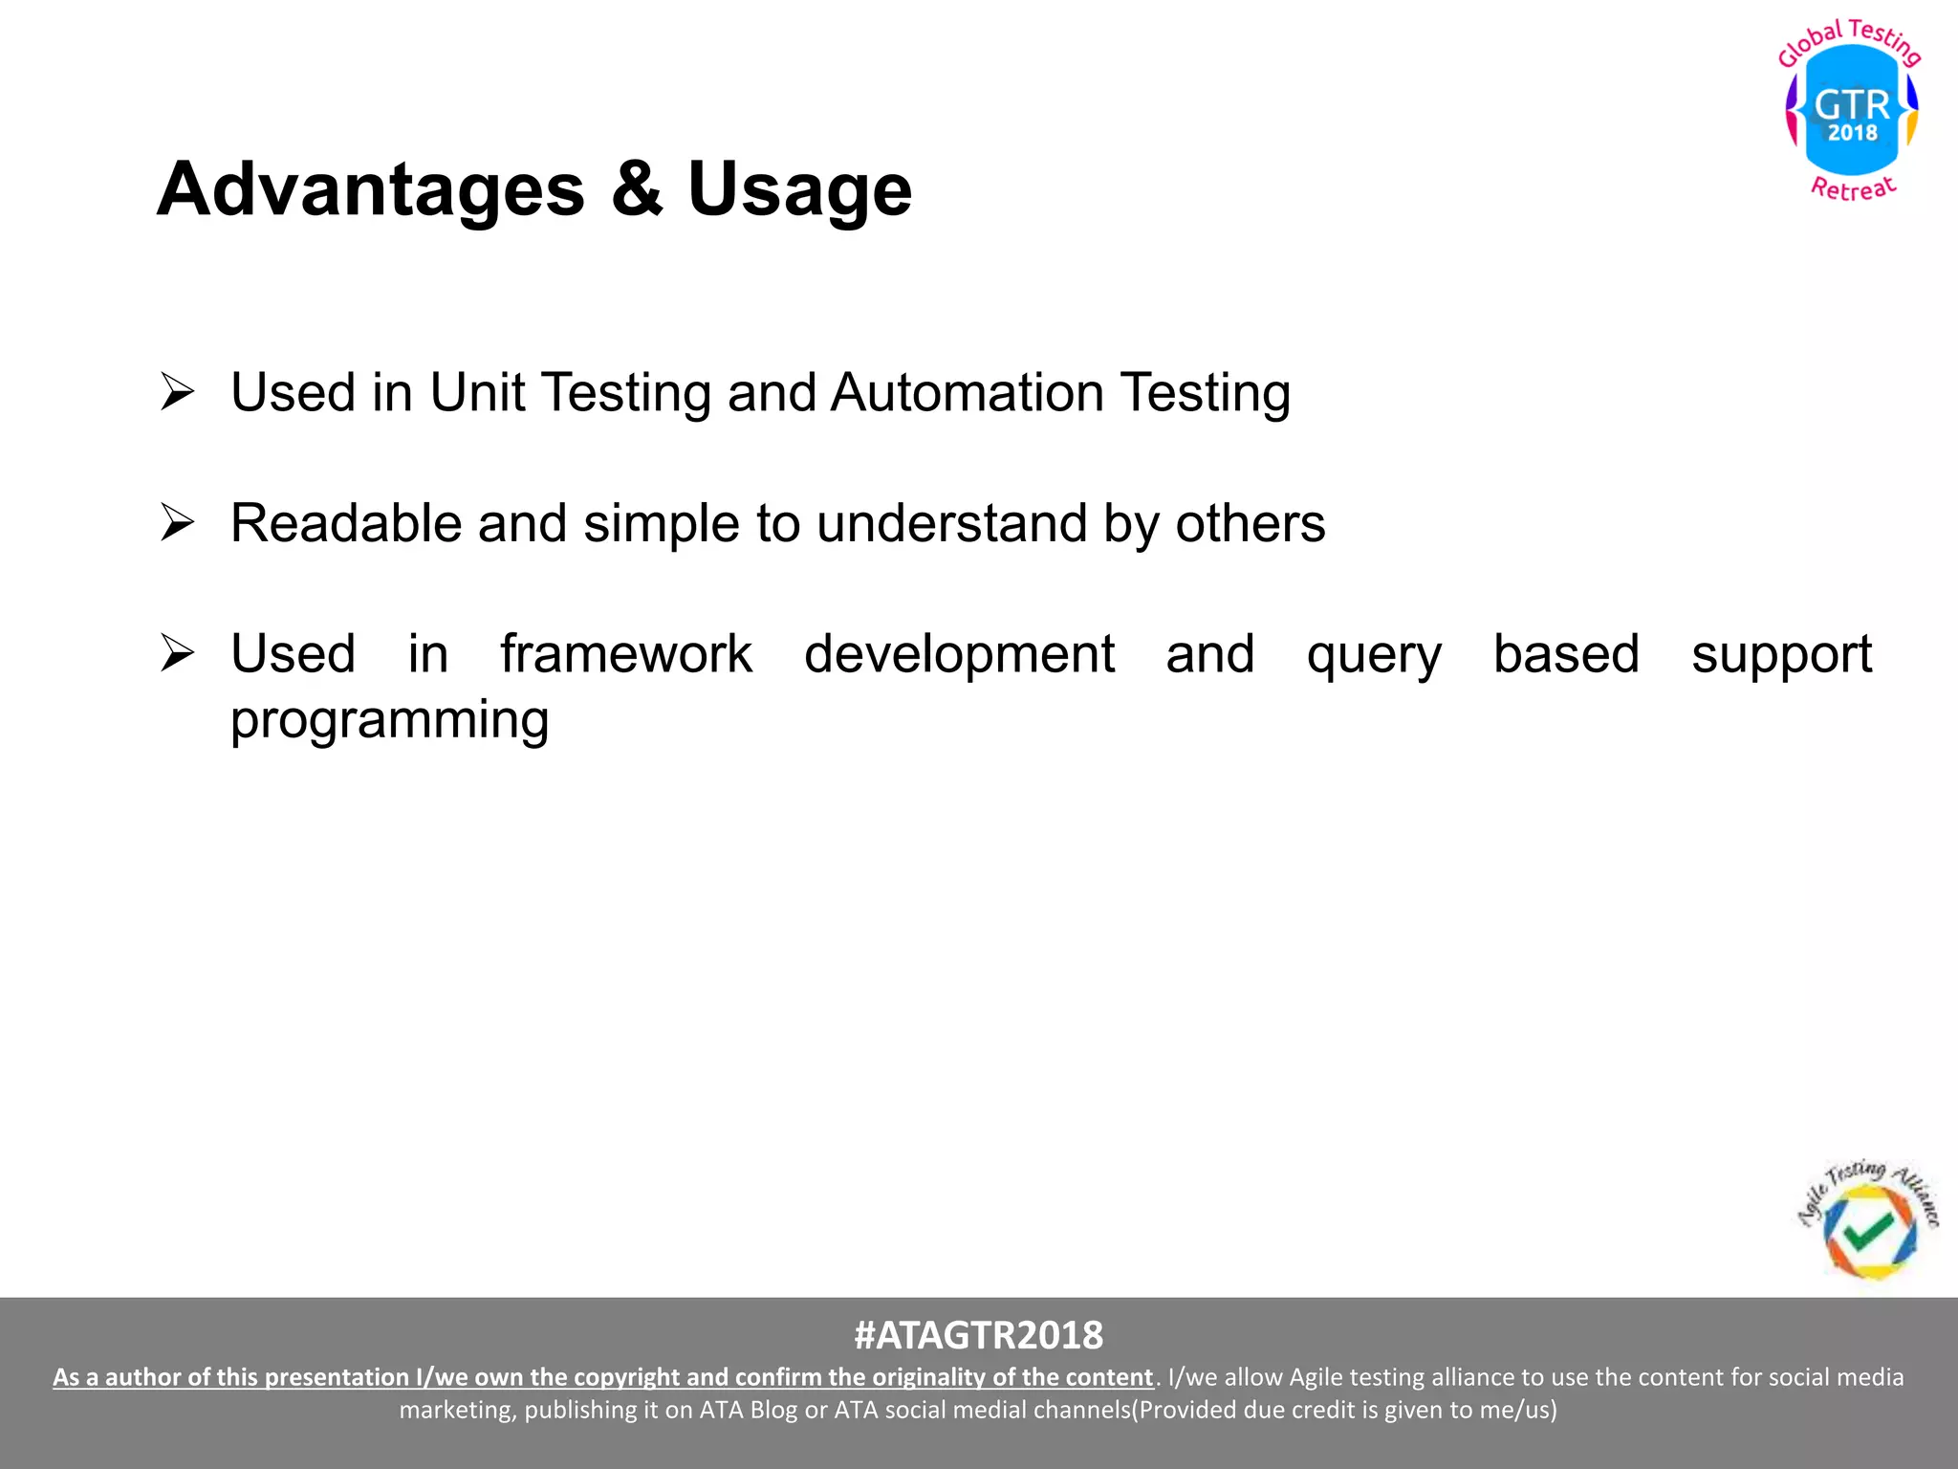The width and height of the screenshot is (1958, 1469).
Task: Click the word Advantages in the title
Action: point(371,189)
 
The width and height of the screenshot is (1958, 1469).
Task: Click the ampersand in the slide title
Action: point(637,189)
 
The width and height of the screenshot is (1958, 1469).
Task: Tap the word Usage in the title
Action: point(799,189)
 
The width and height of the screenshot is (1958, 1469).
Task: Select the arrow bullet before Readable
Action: point(178,523)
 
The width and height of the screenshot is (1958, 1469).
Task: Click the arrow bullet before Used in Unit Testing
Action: point(178,392)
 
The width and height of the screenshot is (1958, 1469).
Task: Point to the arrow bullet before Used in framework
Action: point(178,653)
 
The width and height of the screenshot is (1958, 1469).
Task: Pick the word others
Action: point(1250,524)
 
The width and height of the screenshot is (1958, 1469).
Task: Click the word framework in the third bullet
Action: point(626,654)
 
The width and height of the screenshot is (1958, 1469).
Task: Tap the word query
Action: point(1374,656)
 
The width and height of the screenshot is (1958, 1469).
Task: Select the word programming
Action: point(389,721)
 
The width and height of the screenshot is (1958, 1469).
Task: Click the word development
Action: point(959,656)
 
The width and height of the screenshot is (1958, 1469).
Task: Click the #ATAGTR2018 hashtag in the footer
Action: point(978,1335)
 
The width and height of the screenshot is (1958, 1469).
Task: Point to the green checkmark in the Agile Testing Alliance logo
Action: point(1867,1231)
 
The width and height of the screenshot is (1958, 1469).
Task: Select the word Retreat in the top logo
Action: point(1853,188)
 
